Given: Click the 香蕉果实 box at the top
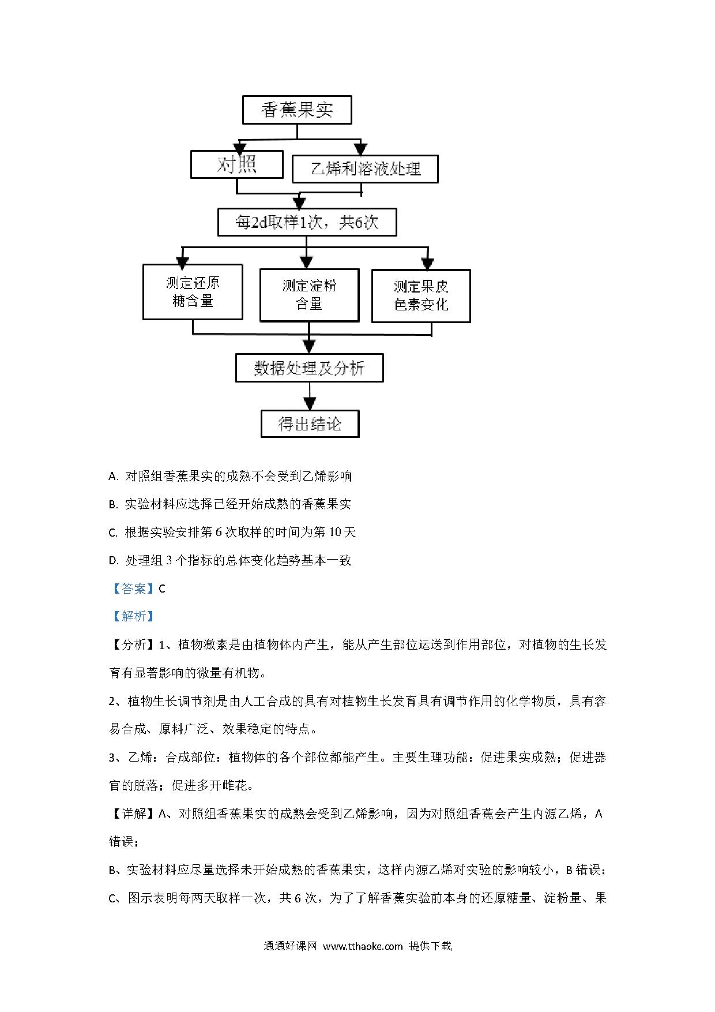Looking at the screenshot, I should click(297, 110).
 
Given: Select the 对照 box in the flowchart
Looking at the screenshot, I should click(236, 164).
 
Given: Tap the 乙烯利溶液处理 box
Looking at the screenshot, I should click(365, 169).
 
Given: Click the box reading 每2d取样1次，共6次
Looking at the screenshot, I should click(307, 222).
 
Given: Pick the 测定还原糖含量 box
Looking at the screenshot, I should click(193, 292).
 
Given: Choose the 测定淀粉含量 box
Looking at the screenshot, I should click(309, 295).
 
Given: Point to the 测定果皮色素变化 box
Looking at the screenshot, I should click(421, 295).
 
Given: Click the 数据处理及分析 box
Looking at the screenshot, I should click(309, 368).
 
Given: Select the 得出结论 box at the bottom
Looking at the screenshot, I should click(310, 424).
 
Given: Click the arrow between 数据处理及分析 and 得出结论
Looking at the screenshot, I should click(310, 396).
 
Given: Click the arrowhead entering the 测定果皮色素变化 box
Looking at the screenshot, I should click(427, 264).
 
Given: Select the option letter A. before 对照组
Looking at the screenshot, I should click(113, 477).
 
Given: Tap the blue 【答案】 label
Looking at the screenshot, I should click(133, 589).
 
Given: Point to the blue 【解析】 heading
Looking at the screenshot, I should click(133, 616).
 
